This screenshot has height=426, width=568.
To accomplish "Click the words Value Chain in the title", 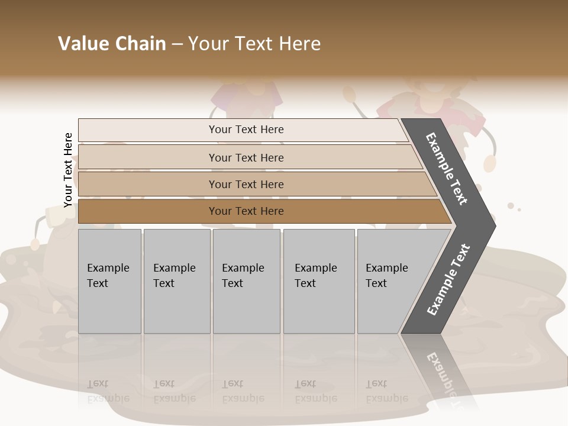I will tap(112, 44).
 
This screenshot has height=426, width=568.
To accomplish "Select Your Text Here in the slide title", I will tap(254, 44).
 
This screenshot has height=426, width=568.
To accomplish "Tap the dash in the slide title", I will tap(177, 44).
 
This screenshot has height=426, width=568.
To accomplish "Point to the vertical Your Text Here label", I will tap(68, 170).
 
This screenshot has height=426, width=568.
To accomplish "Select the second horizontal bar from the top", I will tap(246, 157).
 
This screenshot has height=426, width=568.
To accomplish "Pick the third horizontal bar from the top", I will tap(246, 184).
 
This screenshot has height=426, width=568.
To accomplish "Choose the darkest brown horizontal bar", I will tap(246, 211).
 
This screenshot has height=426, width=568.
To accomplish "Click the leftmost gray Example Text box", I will tap(109, 281).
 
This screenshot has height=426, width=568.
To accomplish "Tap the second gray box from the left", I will tap(176, 281).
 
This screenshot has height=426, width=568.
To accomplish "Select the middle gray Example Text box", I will tap(246, 281).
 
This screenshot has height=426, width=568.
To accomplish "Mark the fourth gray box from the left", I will tap(318, 281).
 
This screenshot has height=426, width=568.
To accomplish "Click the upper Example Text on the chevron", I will tap(447, 169).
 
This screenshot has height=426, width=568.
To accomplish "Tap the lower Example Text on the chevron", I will tap(448, 279).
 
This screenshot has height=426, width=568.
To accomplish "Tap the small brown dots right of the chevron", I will tap(513, 206).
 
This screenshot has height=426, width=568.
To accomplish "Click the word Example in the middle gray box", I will tap(243, 268).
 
